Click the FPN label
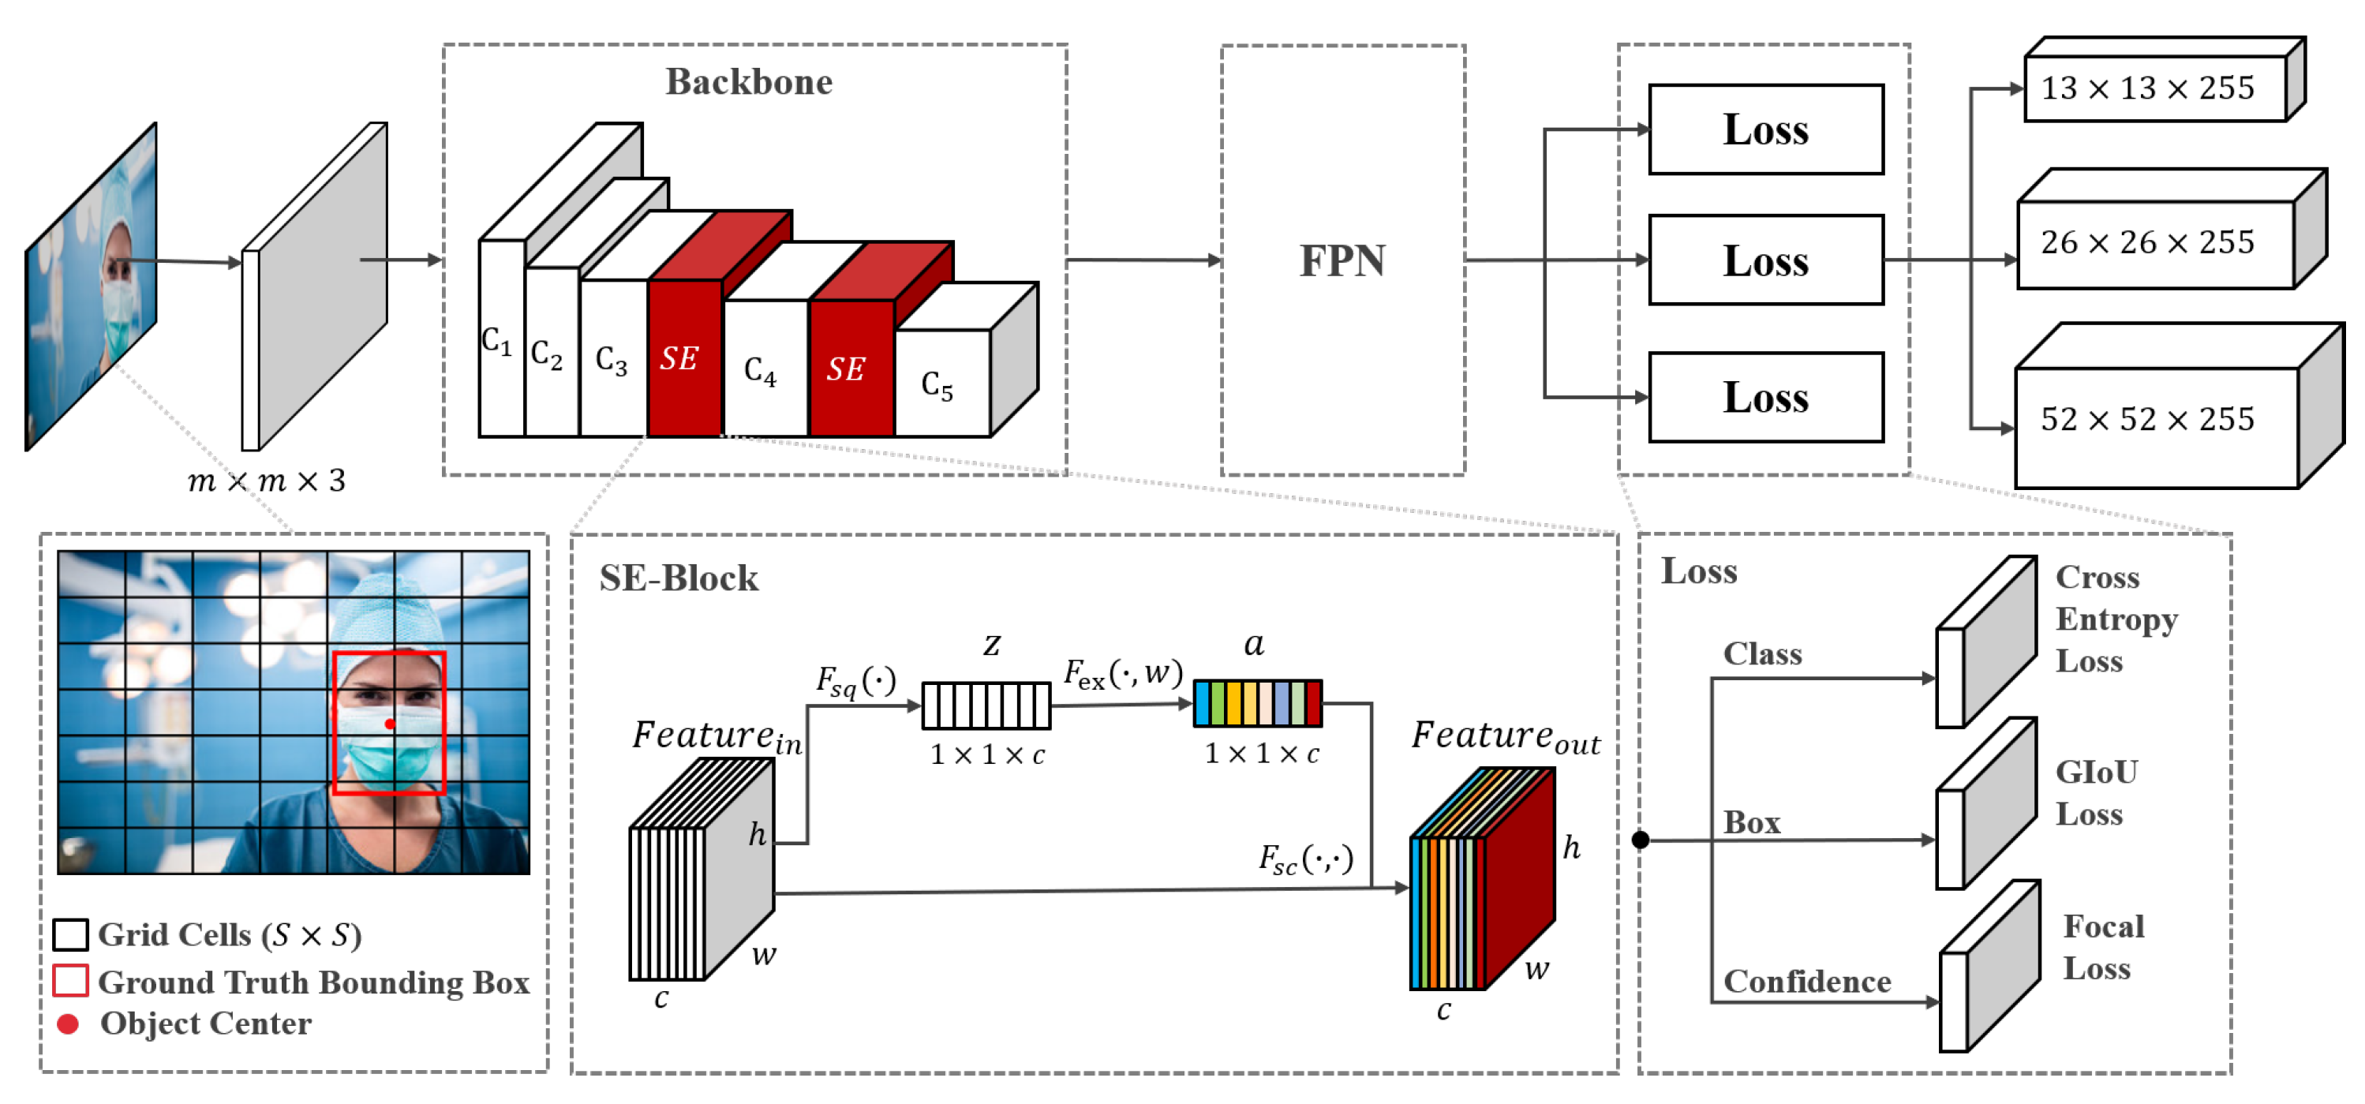(1342, 261)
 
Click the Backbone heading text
(748, 83)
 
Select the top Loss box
(1764, 129)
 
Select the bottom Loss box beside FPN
(1764, 398)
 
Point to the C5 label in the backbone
(937, 385)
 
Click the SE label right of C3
(679, 358)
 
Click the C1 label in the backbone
(496, 342)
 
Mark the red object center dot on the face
(389, 724)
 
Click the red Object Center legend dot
(68, 1024)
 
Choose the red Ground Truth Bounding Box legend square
(71, 981)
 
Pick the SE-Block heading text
(679, 578)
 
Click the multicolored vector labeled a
(1257, 704)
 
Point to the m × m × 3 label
(266, 481)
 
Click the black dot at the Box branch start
(1640, 840)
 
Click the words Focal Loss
(2102, 947)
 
